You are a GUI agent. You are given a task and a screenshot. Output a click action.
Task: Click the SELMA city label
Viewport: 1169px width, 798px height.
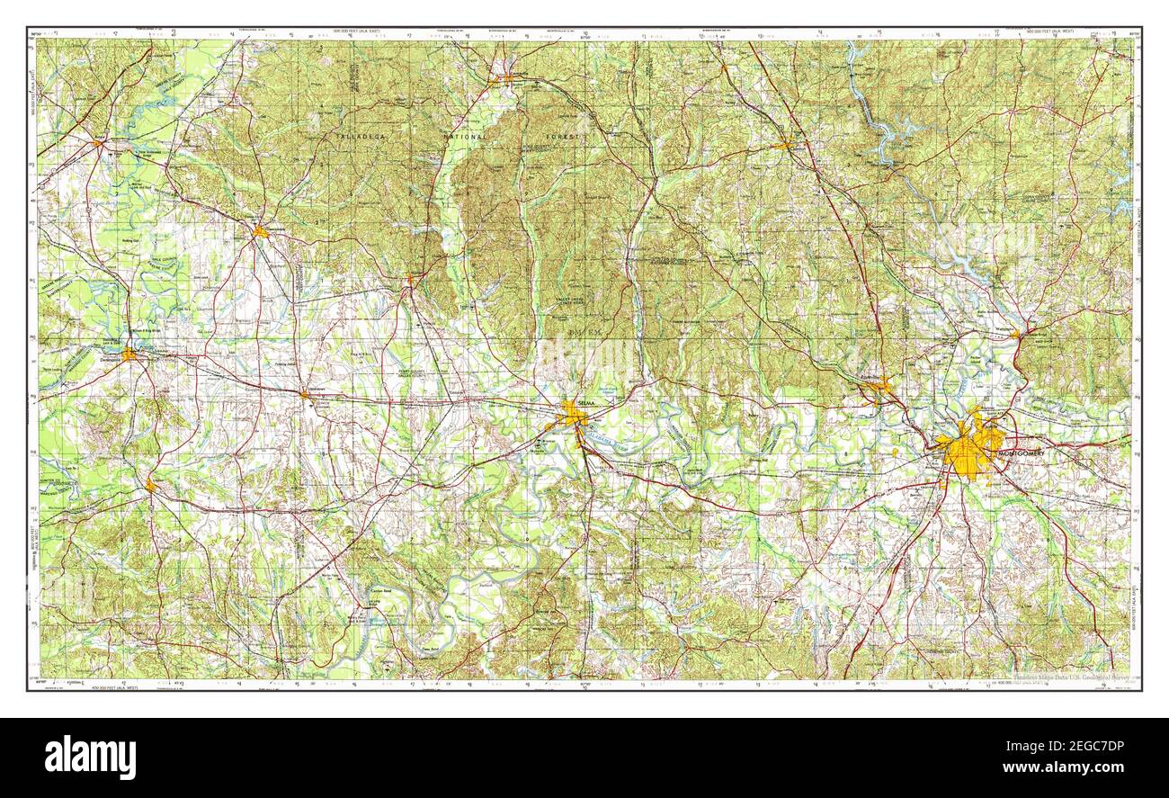(587, 403)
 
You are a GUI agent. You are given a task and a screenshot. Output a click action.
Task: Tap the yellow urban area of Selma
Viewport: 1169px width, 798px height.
(573, 415)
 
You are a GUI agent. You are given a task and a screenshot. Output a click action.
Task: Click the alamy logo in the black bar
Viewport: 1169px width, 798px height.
(90, 757)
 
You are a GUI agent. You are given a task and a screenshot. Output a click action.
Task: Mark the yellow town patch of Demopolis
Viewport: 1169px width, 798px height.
(129, 354)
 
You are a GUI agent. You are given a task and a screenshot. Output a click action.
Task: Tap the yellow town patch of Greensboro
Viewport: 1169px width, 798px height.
(260, 231)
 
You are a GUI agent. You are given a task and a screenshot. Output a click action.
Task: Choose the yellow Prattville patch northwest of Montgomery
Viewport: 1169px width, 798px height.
(879, 388)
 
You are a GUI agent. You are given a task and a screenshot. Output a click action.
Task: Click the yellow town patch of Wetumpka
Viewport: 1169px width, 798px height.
(1015, 335)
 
